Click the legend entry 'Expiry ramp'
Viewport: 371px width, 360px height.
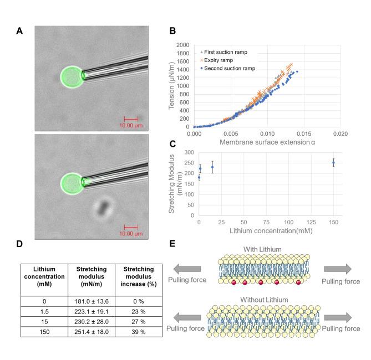click(x=226, y=60)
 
